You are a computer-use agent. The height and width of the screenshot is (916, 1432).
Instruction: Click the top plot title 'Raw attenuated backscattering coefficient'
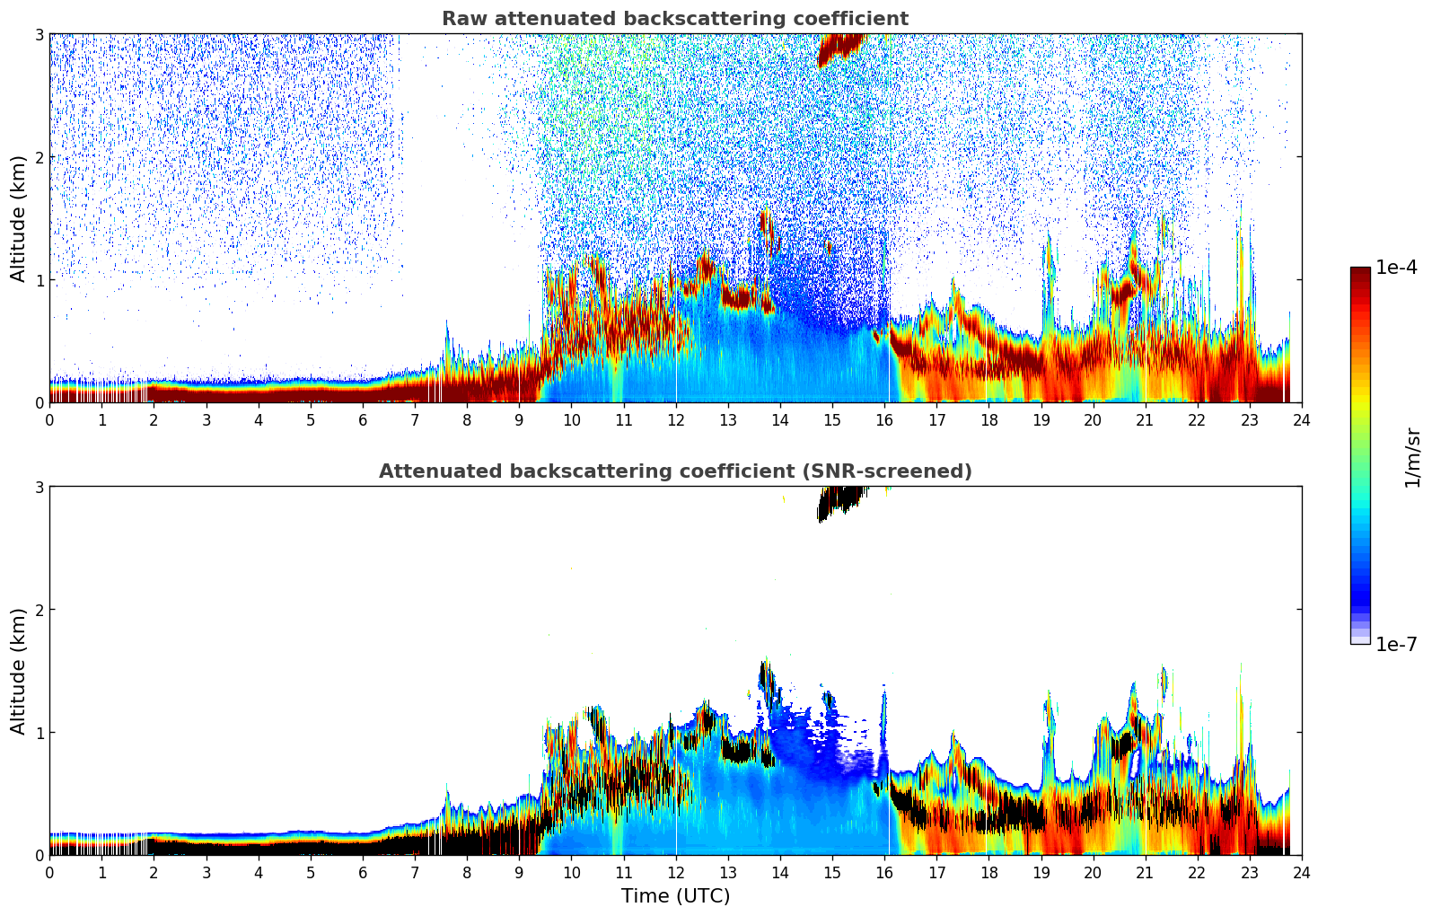coord(674,19)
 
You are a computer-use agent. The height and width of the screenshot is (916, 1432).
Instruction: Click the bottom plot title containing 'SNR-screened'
coord(674,471)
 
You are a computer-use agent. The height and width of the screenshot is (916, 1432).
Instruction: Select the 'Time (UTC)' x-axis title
coord(675,896)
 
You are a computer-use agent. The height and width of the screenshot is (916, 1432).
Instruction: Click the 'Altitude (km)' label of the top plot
coord(19,218)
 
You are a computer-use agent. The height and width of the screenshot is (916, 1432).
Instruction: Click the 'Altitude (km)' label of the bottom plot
coord(19,671)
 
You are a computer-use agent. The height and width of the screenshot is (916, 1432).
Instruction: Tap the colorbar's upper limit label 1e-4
coord(1396,268)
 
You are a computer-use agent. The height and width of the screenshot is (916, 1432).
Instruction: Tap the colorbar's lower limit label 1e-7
coord(1396,644)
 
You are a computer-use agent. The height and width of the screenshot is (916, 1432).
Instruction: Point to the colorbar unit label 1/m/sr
coord(1412,456)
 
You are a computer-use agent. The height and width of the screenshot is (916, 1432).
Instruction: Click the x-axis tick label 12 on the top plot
coord(675,420)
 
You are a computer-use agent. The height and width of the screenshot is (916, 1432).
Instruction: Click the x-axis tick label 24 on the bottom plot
coord(1301,873)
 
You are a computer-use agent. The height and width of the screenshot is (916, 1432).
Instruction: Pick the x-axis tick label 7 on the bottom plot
coord(415,873)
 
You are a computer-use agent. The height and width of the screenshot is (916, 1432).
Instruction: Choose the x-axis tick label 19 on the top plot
coord(1041,420)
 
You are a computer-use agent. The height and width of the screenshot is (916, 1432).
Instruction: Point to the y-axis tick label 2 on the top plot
coord(39,157)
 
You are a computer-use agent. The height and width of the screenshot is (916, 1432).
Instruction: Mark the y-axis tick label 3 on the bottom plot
coord(39,487)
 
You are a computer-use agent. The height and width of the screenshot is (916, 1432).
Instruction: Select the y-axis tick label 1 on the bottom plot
coord(39,733)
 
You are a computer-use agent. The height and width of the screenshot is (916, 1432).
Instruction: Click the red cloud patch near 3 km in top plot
coord(839,48)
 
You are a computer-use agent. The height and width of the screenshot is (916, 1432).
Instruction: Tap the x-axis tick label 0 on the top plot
coord(49,420)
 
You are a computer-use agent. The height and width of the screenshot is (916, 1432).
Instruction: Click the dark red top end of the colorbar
coord(1359,271)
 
